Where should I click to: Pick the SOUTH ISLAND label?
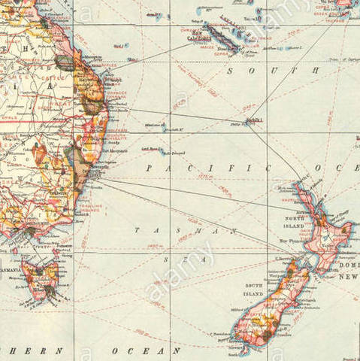(253, 290)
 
